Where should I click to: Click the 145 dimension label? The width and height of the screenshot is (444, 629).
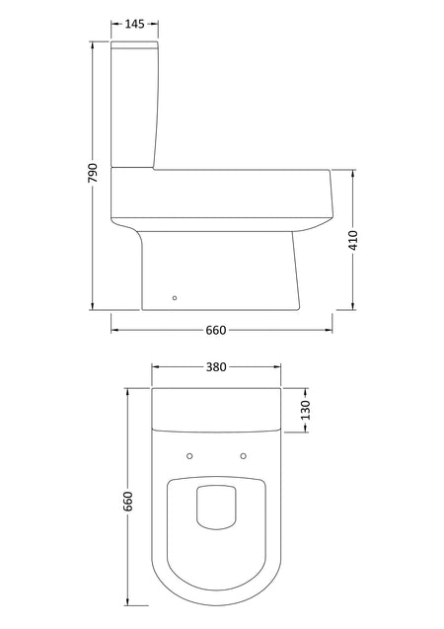[134, 24]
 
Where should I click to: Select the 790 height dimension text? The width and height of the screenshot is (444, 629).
[93, 173]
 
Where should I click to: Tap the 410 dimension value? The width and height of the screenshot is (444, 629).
[353, 240]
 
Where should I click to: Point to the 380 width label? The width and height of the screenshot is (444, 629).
[216, 366]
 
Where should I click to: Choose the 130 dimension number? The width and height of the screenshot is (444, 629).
[305, 410]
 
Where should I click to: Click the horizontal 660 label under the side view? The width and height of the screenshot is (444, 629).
[216, 330]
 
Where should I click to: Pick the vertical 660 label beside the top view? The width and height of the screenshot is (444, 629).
[127, 501]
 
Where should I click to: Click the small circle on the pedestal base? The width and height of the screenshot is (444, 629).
[175, 297]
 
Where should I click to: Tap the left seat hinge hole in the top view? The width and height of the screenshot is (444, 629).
[190, 456]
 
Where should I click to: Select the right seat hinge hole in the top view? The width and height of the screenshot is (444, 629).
[243, 456]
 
